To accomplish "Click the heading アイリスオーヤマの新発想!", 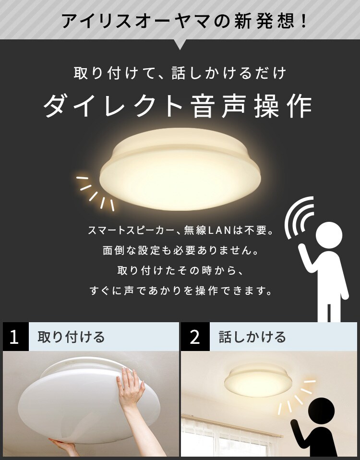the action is pos(184,21).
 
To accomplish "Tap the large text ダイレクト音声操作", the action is pos(178,106).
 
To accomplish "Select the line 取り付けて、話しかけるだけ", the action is pos(180,73).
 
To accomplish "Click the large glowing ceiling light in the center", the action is pos(180,169).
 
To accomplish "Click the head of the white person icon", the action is pos(329,234).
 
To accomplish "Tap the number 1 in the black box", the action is pos(14,337).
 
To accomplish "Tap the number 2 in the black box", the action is pos(195,337).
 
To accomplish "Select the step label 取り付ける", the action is pos(71,337).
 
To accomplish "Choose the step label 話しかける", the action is pos(252,337).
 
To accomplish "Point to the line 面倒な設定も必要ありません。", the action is pos(181,251).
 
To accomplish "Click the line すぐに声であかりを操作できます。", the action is pos(181,291).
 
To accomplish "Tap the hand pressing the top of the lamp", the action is pos(131,384).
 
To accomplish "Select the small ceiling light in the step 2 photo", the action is pos(258,381).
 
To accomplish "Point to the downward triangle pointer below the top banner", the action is pos(180,45).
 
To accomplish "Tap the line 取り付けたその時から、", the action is pos(180,270).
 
